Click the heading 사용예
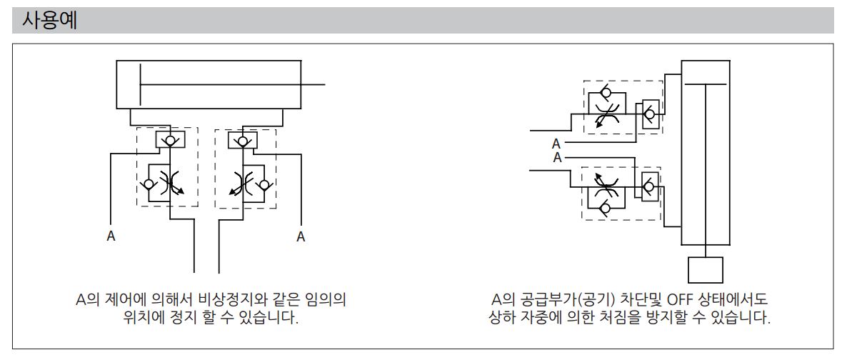(49, 20)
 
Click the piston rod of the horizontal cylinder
(232, 85)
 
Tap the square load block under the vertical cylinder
(705, 270)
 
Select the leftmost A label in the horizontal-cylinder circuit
(111, 236)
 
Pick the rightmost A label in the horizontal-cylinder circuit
(301, 236)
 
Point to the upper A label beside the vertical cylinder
(556, 144)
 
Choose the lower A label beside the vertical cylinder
(558, 159)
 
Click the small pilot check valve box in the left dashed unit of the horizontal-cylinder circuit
(170, 139)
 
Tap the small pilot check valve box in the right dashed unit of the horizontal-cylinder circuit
(243, 139)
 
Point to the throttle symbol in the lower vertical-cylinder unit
(606, 187)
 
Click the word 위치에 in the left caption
(142, 316)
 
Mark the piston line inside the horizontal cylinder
(140, 85)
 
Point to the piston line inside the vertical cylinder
(706, 84)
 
